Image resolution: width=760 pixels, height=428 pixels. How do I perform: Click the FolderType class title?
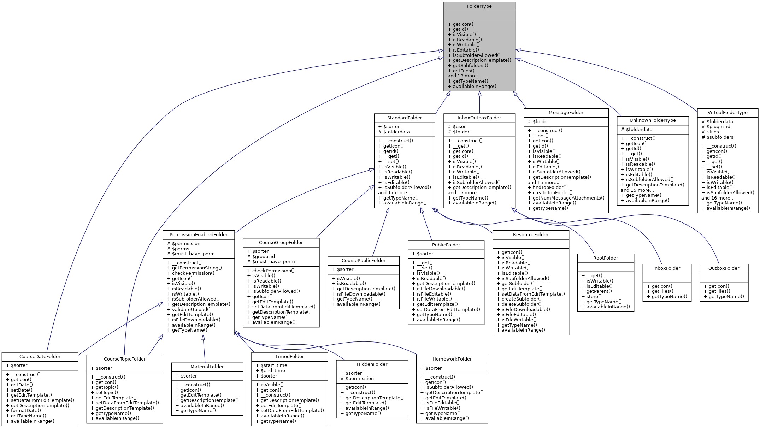pos(479,6)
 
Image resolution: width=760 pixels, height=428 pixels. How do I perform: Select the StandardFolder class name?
pos(404,118)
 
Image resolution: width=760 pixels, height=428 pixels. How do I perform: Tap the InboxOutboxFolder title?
pos(479,118)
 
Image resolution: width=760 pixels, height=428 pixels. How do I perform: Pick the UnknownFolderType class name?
pos(652,120)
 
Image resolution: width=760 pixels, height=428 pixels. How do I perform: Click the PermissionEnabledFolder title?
pos(199,234)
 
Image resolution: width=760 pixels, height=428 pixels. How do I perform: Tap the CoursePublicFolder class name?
pos(363,260)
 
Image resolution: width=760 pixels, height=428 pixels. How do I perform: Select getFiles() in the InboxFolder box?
pos(662,291)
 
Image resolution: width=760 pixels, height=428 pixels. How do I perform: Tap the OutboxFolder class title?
pos(724,268)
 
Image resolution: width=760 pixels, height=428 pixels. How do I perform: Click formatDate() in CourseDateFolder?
pos(26,410)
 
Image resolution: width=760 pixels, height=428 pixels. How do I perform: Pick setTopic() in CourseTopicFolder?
pos(107,392)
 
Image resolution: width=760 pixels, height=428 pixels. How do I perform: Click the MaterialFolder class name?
pos(207,367)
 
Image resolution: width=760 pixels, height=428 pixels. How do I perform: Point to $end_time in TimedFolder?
pos(272,370)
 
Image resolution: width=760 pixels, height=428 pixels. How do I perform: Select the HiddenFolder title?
pos(372,364)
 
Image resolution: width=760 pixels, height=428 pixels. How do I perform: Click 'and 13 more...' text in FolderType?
pos(464,76)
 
